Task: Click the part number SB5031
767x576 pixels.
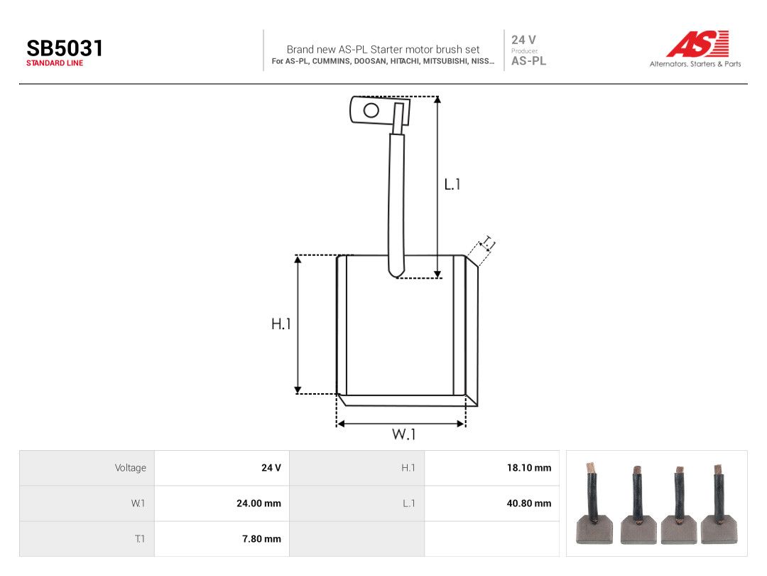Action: [x=65, y=48]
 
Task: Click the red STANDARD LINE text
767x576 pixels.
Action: [x=55, y=63]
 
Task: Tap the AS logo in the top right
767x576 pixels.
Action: [x=697, y=43]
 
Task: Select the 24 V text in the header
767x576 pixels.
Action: [x=523, y=40]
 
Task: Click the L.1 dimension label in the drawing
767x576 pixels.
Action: [x=452, y=184]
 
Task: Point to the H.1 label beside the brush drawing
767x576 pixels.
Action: [x=281, y=324]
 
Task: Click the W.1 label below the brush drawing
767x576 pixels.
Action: [x=403, y=434]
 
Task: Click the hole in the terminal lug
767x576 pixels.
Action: [x=371, y=110]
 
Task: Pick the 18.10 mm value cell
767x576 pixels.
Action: [x=529, y=468]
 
